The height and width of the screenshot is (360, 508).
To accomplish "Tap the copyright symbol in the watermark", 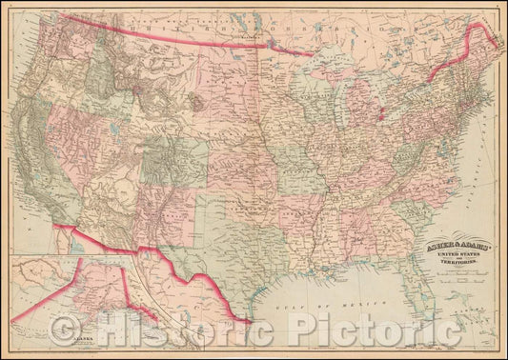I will (x=69, y=330).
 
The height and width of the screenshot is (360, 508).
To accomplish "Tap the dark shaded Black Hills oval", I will (x=197, y=100).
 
